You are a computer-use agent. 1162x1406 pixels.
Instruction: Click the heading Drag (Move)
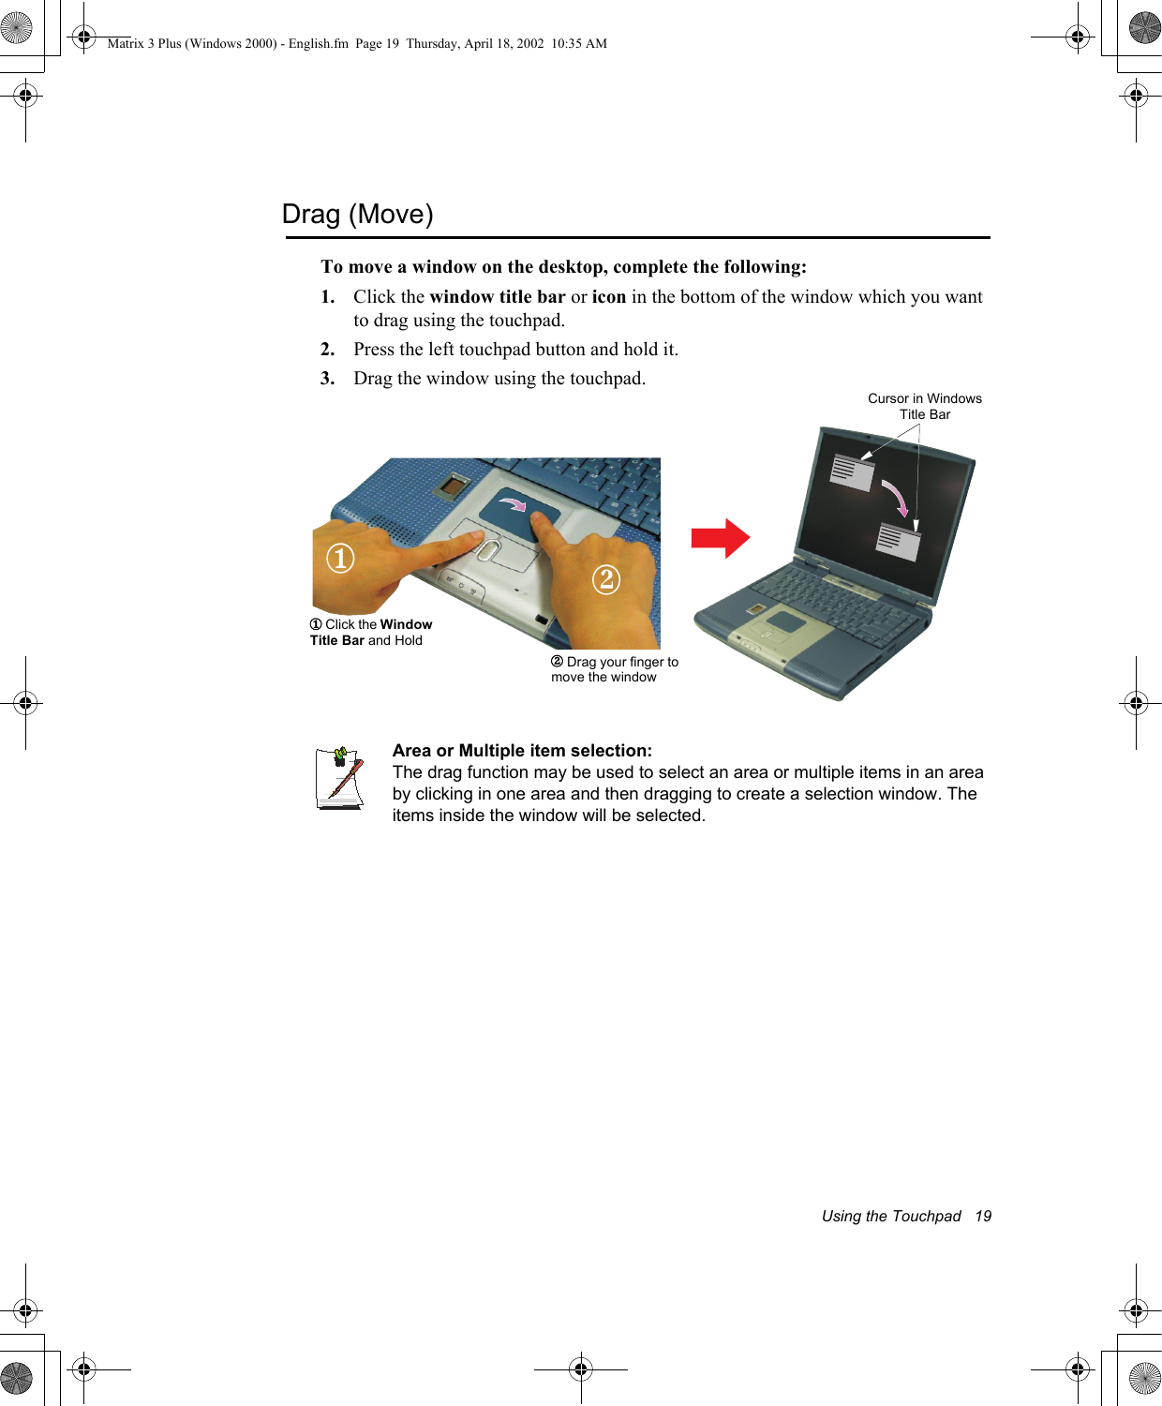pos(357,215)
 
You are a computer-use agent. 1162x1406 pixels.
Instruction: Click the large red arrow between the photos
pos(720,538)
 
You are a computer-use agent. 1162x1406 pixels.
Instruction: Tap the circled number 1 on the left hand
pos(340,559)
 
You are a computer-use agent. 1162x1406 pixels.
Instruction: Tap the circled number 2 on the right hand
pos(606,579)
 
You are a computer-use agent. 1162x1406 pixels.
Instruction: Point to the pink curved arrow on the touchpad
pos(513,505)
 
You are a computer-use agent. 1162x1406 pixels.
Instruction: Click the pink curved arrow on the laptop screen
pos(897,498)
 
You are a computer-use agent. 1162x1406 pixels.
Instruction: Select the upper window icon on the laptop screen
pos(852,471)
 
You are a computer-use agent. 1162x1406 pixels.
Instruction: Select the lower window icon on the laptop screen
pos(898,541)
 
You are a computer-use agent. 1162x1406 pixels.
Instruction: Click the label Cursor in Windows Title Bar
pos(924,406)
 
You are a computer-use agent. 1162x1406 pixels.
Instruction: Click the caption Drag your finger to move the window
pos(615,669)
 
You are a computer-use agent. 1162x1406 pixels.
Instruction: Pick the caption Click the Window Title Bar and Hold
pos(371,633)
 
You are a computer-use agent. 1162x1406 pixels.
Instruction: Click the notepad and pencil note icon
pos(339,778)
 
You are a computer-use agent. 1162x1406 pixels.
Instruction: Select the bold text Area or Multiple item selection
pos(522,751)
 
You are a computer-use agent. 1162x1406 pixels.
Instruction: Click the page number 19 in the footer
pos(982,1216)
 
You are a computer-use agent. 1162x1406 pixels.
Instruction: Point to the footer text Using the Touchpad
pos(890,1216)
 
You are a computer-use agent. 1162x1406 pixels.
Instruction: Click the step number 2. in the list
pos(327,350)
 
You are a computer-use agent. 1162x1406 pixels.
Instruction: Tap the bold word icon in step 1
pos(608,297)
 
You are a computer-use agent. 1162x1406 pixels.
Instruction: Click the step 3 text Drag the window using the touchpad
pos(499,379)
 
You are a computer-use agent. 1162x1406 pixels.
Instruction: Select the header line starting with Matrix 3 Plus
pos(357,43)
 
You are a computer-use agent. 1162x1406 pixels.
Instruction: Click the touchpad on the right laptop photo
pos(786,621)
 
